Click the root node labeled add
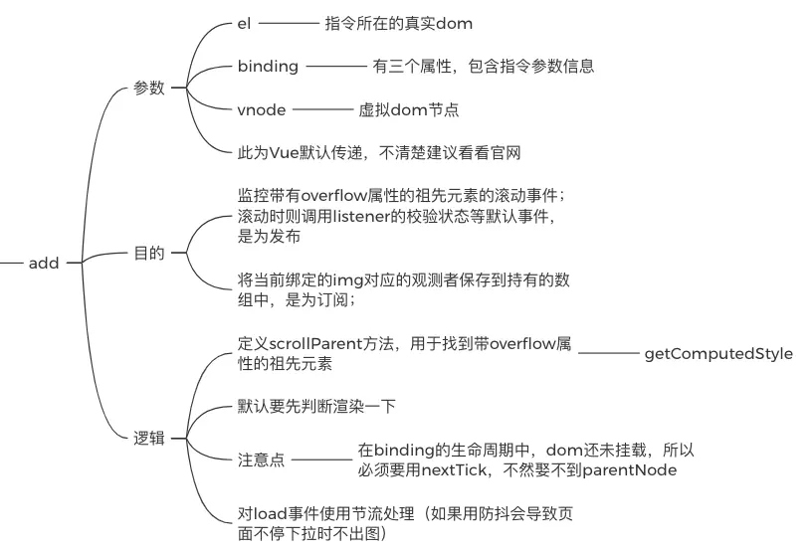pos(44,264)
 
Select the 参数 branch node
pos(148,88)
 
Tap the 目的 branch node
pos(148,254)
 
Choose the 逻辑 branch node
pos(148,438)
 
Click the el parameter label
pos(244,23)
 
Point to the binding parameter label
pos(268,67)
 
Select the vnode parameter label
pos(262,109)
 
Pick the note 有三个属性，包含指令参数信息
pos(484,67)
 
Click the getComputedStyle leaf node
pos(718,353)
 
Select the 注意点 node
pos(261,460)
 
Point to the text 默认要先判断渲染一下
pos(317,408)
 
